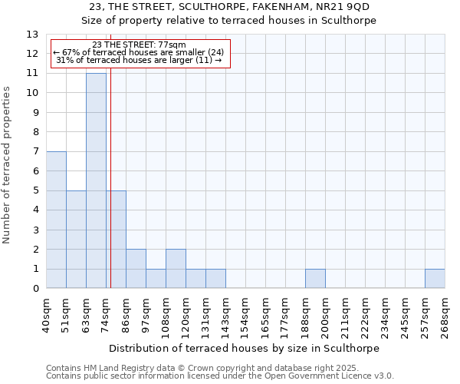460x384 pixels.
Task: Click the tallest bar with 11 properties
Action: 96,180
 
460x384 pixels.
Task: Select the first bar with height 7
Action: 56,220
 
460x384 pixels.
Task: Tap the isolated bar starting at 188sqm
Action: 315,279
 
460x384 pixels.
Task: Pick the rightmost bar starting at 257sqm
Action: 435,279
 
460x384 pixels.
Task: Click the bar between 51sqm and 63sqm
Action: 76,240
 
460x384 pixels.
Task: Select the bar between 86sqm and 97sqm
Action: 136,269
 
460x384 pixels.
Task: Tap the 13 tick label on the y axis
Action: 32,35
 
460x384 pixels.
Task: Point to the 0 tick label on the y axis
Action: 35,289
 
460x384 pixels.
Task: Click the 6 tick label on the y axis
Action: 35,171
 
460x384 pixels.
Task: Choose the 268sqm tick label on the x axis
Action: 445,315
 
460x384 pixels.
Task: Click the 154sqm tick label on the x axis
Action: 245,315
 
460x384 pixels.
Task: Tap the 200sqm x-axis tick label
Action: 325,315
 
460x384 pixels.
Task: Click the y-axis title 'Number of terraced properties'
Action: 8,165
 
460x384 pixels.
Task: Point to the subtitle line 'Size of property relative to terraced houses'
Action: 229,21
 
